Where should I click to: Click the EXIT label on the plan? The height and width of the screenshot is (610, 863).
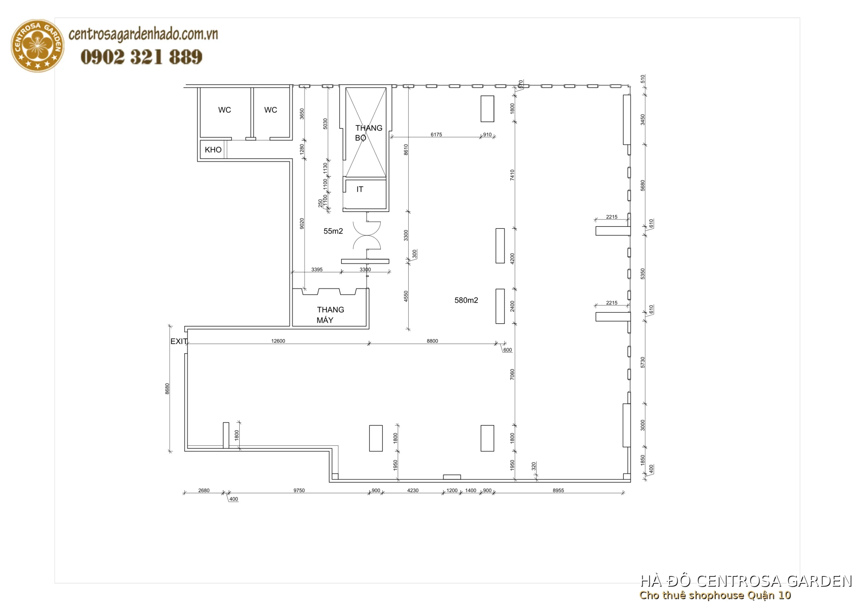click(179, 341)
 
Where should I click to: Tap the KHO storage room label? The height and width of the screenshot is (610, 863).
click(213, 150)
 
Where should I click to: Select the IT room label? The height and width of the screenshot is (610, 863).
click(360, 189)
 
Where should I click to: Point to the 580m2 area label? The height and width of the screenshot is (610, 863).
click(466, 300)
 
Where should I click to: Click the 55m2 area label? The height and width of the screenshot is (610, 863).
click(333, 232)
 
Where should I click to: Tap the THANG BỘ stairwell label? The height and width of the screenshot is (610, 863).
click(368, 133)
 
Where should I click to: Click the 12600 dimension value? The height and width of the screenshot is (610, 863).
click(278, 341)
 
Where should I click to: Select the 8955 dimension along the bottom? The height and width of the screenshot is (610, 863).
click(558, 490)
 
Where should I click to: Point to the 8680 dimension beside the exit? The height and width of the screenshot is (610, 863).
click(167, 389)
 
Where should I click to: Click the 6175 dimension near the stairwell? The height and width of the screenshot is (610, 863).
click(436, 134)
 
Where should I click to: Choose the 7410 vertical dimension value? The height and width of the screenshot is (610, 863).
click(512, 175)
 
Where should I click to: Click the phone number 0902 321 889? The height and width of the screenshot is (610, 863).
click(141, 57)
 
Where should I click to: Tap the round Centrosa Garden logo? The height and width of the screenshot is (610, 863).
click(37, 46)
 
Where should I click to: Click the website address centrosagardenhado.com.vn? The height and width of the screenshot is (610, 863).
click(143, 35)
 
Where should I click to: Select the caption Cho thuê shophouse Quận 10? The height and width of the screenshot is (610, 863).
click(715, 596)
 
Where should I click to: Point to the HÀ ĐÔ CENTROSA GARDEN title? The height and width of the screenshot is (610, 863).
click(746, 581)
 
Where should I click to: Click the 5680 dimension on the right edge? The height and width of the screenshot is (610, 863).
click(643, 186)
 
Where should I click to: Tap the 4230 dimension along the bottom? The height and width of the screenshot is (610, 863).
click(412, 490)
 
